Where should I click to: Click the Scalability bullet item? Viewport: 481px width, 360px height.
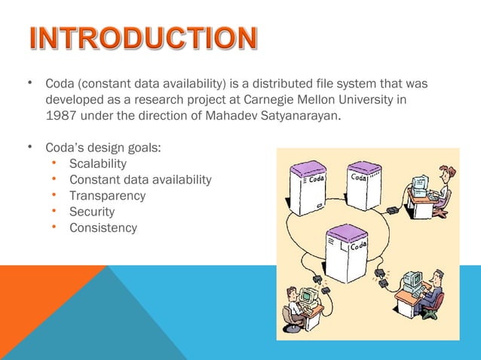pyautogui.click(x=98, y=163)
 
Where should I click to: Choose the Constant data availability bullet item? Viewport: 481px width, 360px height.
pyautogui.click(x=140, y=179)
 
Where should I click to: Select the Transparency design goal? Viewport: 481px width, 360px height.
pyautogui.click(x=107, y=195)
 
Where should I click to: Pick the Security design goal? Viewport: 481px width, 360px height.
pyautogui.click(x=91, y=212)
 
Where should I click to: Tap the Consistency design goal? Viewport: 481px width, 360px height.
pyautogui.click(x=103, y=227)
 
